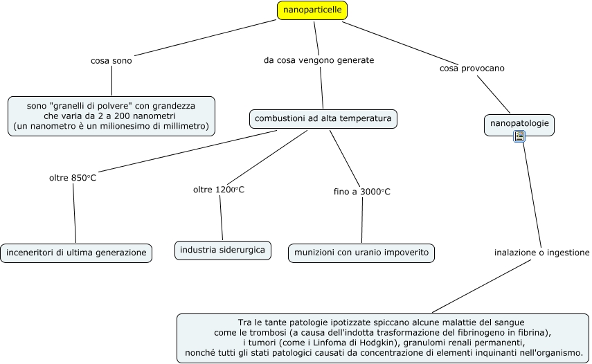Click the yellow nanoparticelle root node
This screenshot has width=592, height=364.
312,10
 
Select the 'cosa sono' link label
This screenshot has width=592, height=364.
111,60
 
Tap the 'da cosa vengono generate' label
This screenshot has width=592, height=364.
319,60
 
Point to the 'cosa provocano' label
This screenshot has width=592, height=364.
472,69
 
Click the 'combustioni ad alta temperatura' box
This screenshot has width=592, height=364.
323,119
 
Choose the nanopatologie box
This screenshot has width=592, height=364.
519,123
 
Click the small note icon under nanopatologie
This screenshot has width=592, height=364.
519,137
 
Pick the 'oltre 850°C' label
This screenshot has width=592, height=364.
73,178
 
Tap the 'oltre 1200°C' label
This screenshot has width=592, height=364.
219,190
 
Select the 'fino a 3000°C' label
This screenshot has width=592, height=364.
361,192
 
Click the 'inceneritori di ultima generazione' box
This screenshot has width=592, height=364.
76,253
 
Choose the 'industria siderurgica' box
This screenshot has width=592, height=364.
222,250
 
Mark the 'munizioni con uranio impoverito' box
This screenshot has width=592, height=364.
361,253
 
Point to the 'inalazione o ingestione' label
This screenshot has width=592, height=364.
541,253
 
